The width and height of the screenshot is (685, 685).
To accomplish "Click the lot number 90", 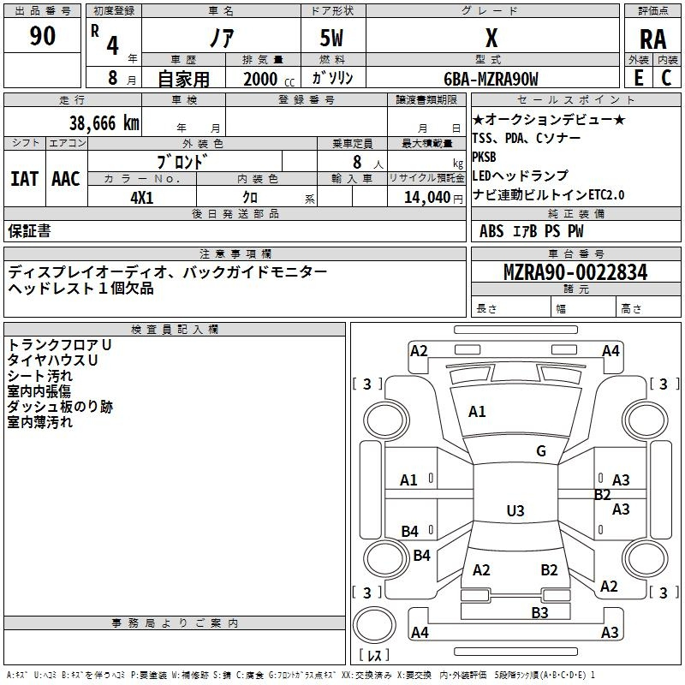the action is [42, 35].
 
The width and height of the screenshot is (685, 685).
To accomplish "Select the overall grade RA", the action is [652, 39].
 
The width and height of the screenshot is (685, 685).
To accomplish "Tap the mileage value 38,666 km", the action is [104, 123].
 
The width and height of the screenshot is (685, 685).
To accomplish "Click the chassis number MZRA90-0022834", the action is [575, 272].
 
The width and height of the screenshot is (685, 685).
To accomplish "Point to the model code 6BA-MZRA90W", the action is [491, 79].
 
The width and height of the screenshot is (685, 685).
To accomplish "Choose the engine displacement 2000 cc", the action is [269, 79].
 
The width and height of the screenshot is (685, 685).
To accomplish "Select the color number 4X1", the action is [142, 198].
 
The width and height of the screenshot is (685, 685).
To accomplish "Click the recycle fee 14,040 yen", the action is [433, 198].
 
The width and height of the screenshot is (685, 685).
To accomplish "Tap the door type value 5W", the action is [331, 38].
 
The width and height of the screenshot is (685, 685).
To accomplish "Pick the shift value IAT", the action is [25, 179].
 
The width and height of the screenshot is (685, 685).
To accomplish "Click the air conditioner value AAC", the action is [66, 179].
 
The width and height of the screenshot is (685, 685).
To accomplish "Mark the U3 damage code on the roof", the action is [515, 510].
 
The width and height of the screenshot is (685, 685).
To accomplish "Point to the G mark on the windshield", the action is [541, 451].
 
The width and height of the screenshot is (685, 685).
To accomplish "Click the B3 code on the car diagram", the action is [539, 613].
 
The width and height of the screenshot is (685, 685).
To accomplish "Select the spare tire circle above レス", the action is [374, 625].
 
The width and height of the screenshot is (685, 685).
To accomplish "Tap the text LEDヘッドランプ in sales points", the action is [521, 176].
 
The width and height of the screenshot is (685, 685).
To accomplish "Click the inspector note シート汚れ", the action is [39, 376].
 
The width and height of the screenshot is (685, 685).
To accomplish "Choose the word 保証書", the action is [29, 230].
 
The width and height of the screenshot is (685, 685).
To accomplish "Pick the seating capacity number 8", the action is [357, 162].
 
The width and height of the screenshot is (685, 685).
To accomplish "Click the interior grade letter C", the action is [666, 78].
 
